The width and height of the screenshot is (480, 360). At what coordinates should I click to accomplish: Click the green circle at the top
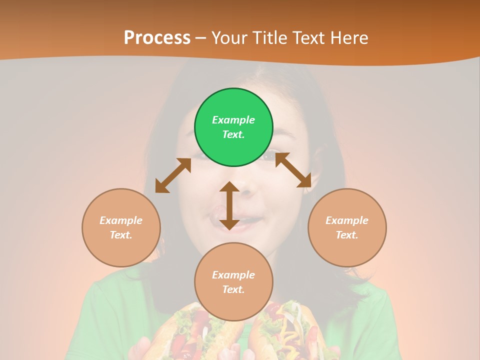click(x=233, y=127)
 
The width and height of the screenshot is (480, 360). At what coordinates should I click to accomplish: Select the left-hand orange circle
click(x=121, y=227)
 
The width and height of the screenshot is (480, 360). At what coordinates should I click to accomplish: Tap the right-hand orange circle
click(x=347, y=227)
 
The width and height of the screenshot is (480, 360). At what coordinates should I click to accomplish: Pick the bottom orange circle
click(x=233, y=282)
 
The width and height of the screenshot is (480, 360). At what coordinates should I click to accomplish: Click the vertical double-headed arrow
click(x=229, y=205)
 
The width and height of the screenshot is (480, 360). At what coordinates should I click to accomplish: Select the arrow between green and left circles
click(x=173, y=175)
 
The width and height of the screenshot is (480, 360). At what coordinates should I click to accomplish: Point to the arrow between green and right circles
click(x=293, y=170)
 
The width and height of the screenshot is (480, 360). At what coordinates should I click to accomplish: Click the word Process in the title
click(x=157, y=38)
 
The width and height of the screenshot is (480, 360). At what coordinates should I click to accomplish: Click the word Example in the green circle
click(x=233, y=120)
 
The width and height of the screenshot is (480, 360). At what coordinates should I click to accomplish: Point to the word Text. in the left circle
click(x=121, y=235)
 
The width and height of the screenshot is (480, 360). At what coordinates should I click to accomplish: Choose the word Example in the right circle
click(x=347, y=220)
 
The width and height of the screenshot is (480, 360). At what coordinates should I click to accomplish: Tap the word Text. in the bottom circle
click(x=233, y=289)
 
